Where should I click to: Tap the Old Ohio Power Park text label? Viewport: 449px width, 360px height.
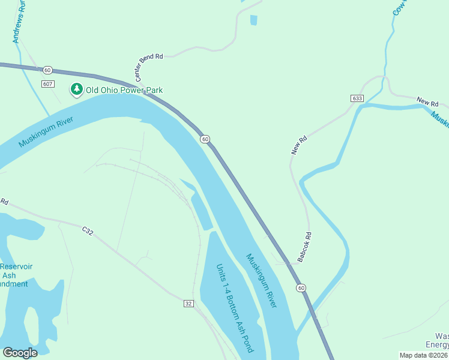(124, 90)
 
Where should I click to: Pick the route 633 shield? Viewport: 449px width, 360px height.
(358, 98)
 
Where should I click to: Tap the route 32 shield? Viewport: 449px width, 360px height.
(188, 304)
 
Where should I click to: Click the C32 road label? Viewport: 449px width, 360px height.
(88, 230)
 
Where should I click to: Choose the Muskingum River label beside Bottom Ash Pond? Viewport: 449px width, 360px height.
(262, 281)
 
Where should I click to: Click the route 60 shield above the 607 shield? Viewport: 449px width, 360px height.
(48, 70)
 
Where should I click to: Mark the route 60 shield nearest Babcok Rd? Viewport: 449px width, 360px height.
(301, 289)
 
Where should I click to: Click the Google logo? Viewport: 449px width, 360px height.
(20, 353)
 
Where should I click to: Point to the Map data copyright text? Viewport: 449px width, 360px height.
(424, 355)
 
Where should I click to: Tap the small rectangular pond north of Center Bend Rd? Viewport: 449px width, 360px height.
(253, 20)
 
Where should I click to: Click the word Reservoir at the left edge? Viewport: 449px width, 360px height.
(16, 266)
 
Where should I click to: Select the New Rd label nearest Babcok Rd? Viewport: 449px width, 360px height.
(299, 145)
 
